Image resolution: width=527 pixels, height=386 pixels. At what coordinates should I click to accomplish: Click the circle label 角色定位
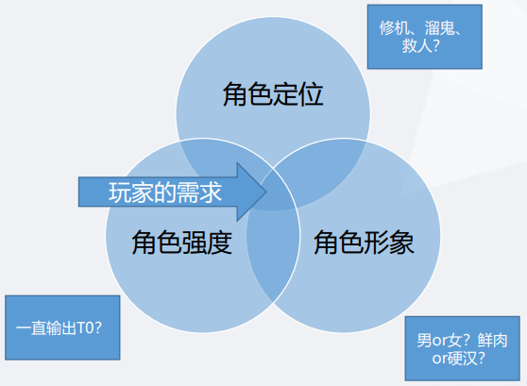click(273, 94)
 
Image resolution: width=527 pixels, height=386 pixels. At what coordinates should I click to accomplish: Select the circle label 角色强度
click(182, 243)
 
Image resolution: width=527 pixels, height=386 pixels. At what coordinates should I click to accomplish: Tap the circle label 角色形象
click(364, 243)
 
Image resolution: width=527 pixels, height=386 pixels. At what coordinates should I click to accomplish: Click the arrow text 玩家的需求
click(165, 193)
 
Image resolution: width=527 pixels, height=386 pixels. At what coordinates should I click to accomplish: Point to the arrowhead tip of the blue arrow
click(266, 193)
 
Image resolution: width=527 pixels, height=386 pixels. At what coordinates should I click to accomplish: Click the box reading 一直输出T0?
click(62, 327)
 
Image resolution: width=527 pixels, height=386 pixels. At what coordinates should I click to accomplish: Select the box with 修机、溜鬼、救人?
click(425, 37)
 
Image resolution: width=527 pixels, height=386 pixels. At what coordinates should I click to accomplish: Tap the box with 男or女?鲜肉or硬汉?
click(463, 348)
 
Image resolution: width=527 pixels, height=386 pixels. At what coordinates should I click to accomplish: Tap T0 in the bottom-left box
click(84, 327)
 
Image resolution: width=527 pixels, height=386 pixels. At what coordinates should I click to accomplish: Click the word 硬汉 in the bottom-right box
click(459, 358)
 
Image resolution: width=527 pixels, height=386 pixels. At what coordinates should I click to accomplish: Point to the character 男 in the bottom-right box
click(424, 341)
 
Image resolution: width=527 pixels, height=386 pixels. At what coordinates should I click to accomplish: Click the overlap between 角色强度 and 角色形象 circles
click(273, 256)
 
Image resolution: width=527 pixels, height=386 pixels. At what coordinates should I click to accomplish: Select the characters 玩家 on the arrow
click(131, 193)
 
